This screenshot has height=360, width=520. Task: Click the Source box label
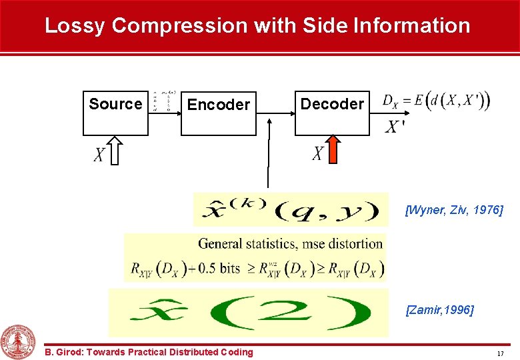[115, 104]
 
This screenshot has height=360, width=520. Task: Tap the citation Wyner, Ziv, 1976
[454, 211]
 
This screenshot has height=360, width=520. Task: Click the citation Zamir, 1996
[440, 310]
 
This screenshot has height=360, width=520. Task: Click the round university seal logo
[19, 342]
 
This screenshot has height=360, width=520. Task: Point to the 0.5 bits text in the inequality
[219, 268]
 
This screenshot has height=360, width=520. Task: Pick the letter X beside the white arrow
[98, 155]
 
